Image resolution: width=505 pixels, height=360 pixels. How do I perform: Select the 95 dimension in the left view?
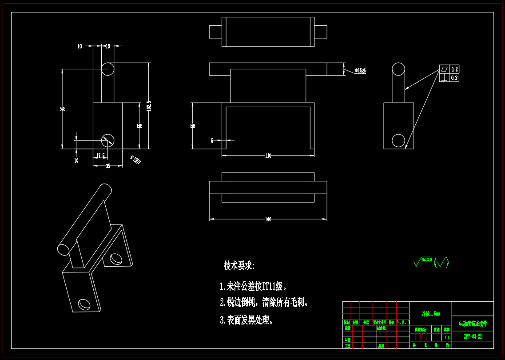click(63, 108)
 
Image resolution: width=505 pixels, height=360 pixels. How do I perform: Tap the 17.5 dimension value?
click(101, 156)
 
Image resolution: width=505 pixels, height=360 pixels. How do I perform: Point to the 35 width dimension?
click(108, 166)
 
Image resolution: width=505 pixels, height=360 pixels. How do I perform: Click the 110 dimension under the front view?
click(268, 156)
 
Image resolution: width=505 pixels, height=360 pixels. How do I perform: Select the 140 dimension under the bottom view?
click(268, 220)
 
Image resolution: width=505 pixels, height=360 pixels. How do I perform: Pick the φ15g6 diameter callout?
click(360, 71)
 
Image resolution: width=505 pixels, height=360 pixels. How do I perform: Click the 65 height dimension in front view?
click(193, 126)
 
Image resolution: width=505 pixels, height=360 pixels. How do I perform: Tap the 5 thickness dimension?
click(212, 140)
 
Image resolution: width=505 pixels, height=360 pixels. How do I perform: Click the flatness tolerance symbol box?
click(444, 69)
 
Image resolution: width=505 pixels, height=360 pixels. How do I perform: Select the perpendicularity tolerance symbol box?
click(444, 78)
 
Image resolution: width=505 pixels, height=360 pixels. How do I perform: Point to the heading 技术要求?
click(239, 266)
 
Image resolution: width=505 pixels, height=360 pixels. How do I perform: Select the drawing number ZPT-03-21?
click(473, 336)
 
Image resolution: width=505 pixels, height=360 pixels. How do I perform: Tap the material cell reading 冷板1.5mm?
click(430, 314)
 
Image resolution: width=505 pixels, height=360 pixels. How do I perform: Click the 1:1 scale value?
click(446, 337)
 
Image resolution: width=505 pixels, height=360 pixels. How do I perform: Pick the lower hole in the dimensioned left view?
click(107, 140)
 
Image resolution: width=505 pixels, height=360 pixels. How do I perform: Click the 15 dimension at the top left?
click(107, 46)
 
